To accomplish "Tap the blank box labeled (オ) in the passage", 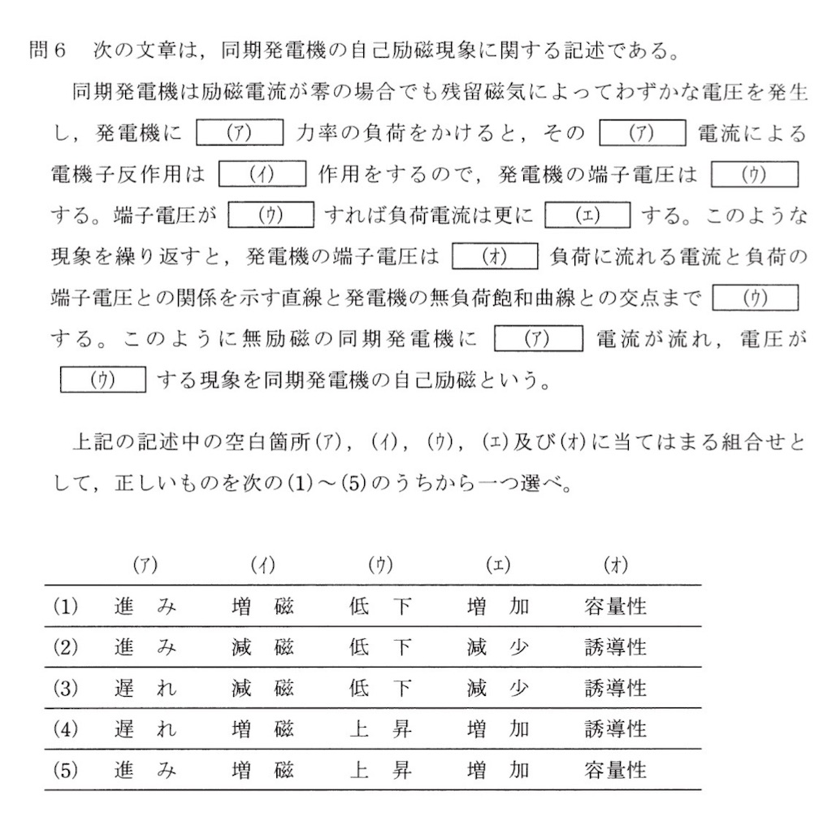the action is click(495, 258).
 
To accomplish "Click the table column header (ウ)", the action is click(379, 565).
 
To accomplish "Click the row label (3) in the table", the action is click(64, 688).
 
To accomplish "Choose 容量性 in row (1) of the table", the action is click(615, 607).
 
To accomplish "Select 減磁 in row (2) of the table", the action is click(262, 647).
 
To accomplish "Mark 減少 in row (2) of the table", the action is click(497, 647).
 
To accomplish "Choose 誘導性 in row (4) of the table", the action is click(615, 728).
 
